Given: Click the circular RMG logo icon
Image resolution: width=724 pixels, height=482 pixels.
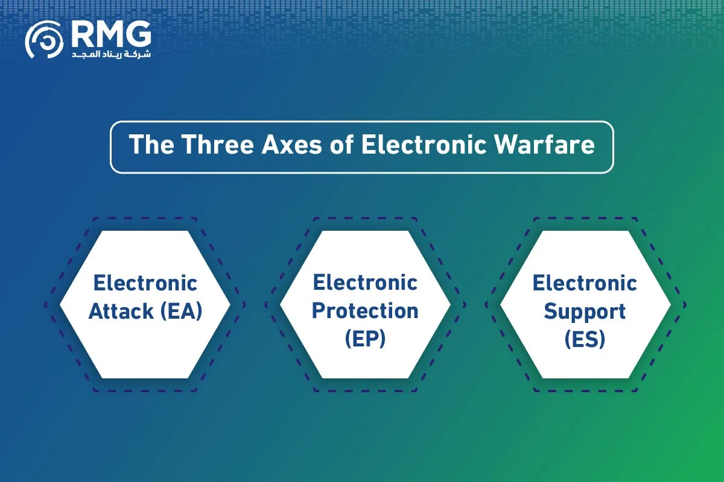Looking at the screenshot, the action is click(44, 40).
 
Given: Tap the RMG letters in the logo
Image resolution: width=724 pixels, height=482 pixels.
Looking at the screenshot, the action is click(111, 34).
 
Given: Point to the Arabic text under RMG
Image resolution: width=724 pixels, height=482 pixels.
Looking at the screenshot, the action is click(111, 54).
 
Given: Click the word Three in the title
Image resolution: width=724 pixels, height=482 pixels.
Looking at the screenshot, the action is click(218, 145).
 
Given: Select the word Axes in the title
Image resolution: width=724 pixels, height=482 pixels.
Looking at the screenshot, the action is click(292, 145).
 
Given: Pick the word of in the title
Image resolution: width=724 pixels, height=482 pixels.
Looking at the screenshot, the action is click(341, 145).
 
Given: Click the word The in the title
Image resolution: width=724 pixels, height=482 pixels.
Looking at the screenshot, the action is click(151, 145).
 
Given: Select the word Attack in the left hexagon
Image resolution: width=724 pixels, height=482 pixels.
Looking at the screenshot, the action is click(121, 311).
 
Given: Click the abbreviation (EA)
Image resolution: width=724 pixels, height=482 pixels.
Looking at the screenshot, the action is click(182, 311).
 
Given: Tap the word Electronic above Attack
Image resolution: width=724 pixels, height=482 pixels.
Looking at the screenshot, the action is click(145, 283).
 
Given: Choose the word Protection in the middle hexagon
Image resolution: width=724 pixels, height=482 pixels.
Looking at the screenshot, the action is click(365, 311).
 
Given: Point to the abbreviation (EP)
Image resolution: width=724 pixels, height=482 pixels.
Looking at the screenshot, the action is click(365, 339).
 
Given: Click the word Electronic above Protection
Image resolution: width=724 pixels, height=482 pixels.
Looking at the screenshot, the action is click(365, 283).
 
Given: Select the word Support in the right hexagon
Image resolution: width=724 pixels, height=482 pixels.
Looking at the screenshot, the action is click(585, 312).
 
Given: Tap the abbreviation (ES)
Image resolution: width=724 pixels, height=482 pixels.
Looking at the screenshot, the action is click(585, 339).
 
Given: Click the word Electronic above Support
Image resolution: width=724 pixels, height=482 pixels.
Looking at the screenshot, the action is click(585, 283).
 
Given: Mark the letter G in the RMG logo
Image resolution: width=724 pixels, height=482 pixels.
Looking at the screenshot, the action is click(138, 34).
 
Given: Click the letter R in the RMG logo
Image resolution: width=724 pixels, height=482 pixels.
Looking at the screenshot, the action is click(82, 34).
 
